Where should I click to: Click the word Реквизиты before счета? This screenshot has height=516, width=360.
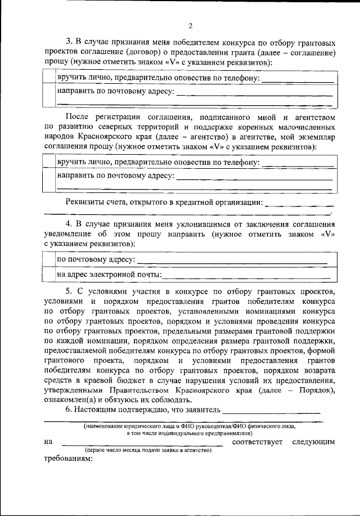click(x=88, y=201)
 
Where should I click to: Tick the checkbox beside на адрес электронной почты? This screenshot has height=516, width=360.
click(x=49, y=274)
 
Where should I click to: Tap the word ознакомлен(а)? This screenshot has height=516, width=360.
click(x=68, y=401)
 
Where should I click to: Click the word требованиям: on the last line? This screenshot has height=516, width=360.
click(x=67, y=458)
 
